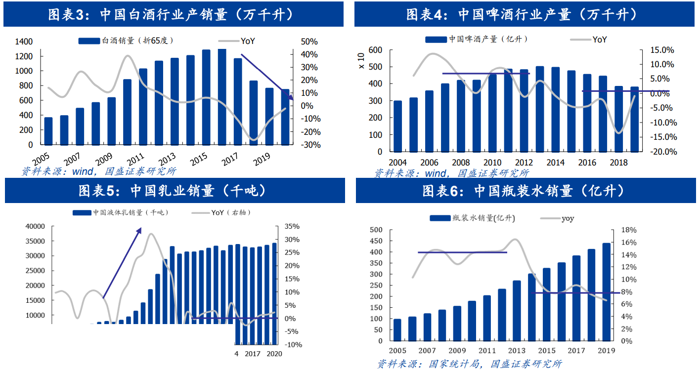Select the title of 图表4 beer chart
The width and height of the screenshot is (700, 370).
[x=525, y=14]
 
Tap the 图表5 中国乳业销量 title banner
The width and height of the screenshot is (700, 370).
[x=175, y=190]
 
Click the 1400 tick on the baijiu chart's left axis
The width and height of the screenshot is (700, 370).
[x=24, y=42]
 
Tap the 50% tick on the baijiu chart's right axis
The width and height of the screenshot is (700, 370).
[x=309, y=42]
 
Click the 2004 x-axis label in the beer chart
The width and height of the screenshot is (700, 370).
[x=397, y=163]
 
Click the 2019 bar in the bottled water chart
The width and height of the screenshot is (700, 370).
[x=606, y=291]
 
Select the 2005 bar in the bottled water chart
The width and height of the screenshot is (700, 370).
[x=397, y=329]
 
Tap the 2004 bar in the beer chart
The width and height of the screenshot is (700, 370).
[x=397, y=126]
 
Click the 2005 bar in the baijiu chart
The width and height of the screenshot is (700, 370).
[x=48, y=131]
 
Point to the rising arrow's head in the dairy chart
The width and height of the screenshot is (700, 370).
[x=140, y=229]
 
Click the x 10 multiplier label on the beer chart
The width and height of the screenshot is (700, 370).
[x=360, y=60]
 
